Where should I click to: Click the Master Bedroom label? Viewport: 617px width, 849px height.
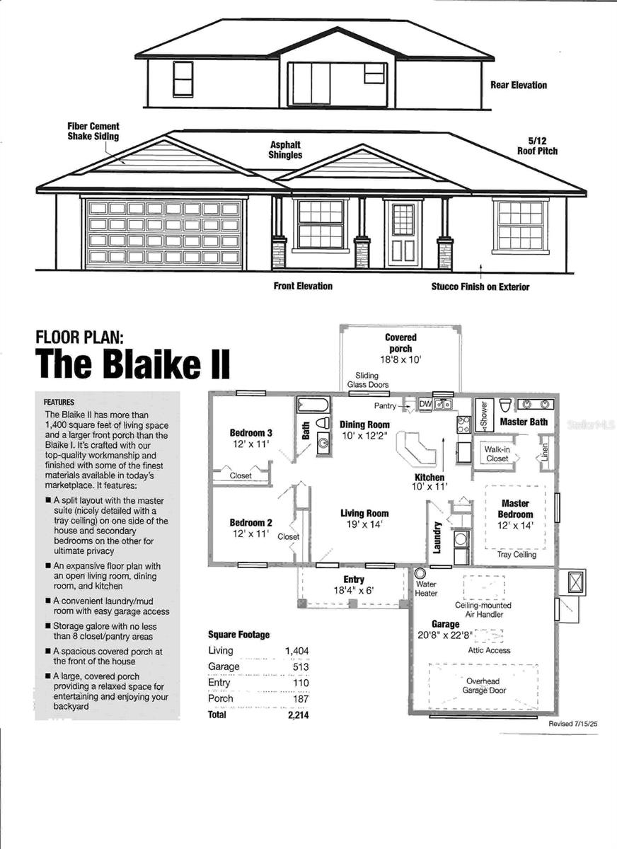(515, 509)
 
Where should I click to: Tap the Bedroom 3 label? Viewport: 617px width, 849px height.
(251, 433)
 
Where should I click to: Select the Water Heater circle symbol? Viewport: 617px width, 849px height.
(420, 573)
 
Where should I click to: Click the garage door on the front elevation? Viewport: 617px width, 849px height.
(164, 233)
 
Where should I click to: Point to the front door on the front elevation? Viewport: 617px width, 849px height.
(403, 233)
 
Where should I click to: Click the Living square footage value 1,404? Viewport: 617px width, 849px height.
(296, 651)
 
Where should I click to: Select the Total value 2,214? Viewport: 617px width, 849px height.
(296, 715)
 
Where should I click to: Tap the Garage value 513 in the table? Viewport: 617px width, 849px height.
(301, 666)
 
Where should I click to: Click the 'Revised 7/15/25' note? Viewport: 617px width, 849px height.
(573, 724)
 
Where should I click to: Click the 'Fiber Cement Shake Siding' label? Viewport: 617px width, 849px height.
(93, 131)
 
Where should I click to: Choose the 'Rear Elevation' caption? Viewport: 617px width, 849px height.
(518, 85)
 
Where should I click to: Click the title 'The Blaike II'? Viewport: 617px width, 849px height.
(133, 363)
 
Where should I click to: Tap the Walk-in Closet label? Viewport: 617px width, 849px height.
(497, 454)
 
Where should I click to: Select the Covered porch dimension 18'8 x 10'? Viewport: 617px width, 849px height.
(400, 359)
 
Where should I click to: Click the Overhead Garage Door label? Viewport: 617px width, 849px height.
(485, 686)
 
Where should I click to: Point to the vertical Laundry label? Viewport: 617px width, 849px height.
(438, 537)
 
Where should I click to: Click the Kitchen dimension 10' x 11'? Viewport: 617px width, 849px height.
(429, 487)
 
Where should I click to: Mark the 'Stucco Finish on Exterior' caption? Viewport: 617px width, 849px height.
(480, 287)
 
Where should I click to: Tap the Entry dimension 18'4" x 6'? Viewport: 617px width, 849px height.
(354, 590)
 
